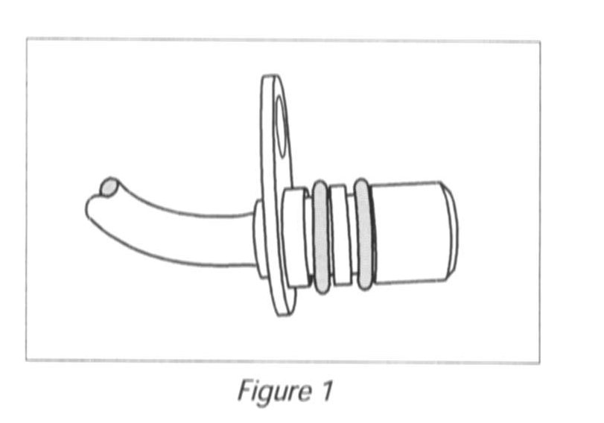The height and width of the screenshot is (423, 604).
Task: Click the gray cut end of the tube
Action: click(109, 187)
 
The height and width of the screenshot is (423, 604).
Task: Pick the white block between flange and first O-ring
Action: click(294, 237)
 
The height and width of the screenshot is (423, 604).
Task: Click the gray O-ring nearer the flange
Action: click(321, 237)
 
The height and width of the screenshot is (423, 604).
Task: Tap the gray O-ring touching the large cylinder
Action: click(363, 234)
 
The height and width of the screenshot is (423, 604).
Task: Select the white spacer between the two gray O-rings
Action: click(340, 235)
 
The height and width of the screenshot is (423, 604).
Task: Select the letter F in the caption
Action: click(244, 390)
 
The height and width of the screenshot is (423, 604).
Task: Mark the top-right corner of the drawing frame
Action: click(539, 41)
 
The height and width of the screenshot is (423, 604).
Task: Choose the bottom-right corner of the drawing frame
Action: click(539, 363)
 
